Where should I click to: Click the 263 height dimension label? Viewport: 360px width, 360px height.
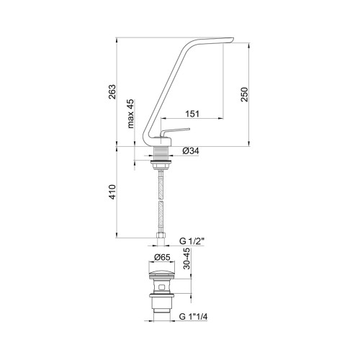[x=112, y=91]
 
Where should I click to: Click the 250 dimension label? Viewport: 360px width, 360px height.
[x=244, y=94]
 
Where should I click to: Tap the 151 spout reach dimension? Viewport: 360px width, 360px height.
[x=192, y=114]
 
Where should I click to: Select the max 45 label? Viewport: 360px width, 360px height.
[x=131, y=114]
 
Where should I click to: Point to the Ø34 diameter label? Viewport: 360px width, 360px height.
[x=191, y=151]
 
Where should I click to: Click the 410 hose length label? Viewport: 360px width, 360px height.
[x=112, y=192]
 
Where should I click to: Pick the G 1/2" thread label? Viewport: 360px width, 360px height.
[x=192, y=241]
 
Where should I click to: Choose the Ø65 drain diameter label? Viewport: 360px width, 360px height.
[x=162, y=257]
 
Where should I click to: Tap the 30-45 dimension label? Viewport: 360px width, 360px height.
[x=186, y=258]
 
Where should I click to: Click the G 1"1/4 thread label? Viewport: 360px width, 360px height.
[x=193, y=317]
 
